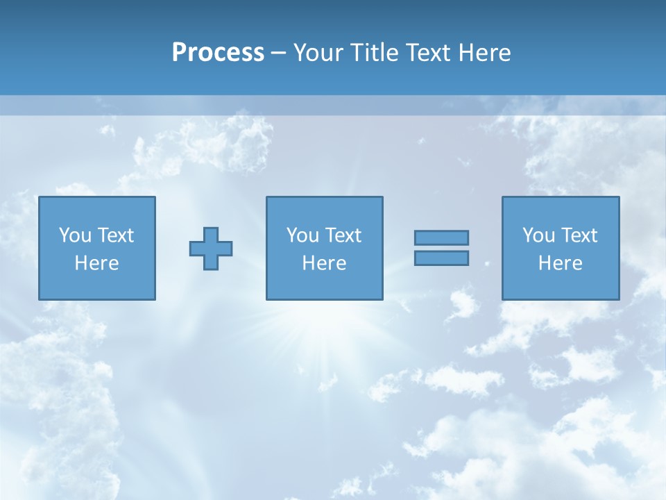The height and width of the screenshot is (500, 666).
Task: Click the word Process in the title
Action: tap(218, 53)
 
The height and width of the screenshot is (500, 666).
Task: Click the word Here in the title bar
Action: tap(486, 53)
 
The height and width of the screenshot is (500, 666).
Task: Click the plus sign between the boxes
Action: tap(211, 249)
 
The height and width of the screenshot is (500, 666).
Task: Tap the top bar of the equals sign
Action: tap(441, 237)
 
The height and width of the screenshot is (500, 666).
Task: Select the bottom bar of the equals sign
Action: tap(441, 258)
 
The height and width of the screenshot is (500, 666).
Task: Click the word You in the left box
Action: tap(75, 235)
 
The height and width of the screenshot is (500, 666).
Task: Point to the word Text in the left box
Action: tap(115, 235)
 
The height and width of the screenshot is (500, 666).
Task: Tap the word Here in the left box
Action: tap(96, 263)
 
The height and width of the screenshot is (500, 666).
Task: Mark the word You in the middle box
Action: tap(302, 235)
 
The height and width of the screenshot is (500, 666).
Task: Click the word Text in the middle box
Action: tap(343, 235)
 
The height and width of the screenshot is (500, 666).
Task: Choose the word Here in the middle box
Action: tap(324, 263)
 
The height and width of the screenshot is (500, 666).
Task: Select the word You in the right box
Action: tap(538, 235)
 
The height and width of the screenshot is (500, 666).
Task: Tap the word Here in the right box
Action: tap(560, 263)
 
